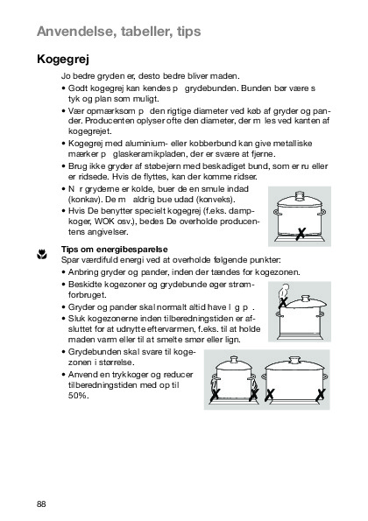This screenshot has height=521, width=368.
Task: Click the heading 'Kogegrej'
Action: point(63,60)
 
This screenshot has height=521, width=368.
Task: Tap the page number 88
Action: point(41,503)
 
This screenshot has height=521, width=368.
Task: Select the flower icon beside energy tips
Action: point(41,254)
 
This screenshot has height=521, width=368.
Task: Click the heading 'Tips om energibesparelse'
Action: point(115,250)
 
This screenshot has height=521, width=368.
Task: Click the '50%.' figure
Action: point(79,396)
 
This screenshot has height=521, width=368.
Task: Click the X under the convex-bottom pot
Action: point(301,234)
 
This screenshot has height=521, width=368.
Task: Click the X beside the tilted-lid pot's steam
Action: point(283,302)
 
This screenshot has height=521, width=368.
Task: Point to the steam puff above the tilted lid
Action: point(284,290)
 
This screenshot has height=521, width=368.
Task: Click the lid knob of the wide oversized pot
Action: point(294,360)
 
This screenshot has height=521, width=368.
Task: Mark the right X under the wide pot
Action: point(321,395)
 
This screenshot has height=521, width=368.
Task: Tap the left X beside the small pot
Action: point(215,394)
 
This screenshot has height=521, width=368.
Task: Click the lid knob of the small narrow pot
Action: point(234,360)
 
